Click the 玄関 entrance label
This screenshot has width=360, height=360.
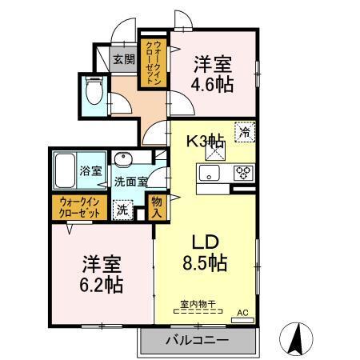tap(122, 58)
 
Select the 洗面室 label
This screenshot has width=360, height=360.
tap(129, 181)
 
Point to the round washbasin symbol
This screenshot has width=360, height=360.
tap(122, 158)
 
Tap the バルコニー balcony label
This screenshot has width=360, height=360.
tap(197, 341)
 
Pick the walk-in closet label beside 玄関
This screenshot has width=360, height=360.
tap(150, 62)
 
